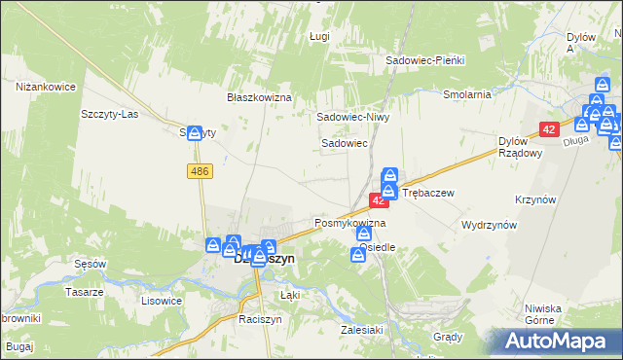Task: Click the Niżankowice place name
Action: pyautogui.click(x=46, y=87)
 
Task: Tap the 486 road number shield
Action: pyautogui.click(x=200, y=171)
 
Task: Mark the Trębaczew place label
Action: pyautogui.click(x=428, y=193)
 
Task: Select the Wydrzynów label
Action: pyautogui.click(x=489, y=224)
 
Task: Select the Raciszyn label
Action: pyautogui.click(x=259, y=318)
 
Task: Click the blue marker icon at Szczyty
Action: pyautogui.click(x=194, y=133)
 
